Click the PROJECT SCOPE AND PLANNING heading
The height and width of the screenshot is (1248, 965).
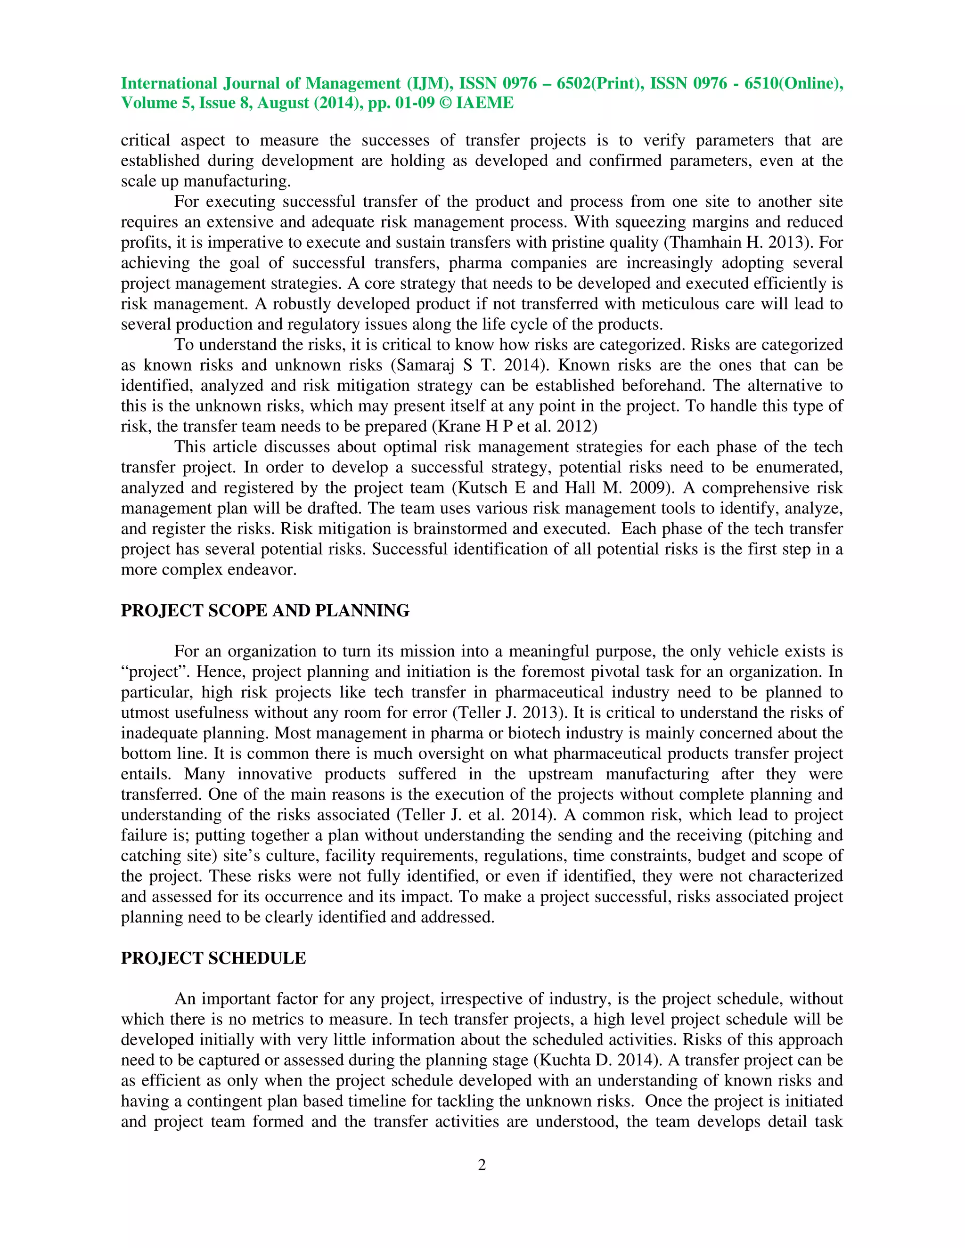(265, 611)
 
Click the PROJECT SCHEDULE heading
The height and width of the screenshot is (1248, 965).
(213, 958)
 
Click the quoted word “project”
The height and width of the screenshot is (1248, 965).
(154, 672)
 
